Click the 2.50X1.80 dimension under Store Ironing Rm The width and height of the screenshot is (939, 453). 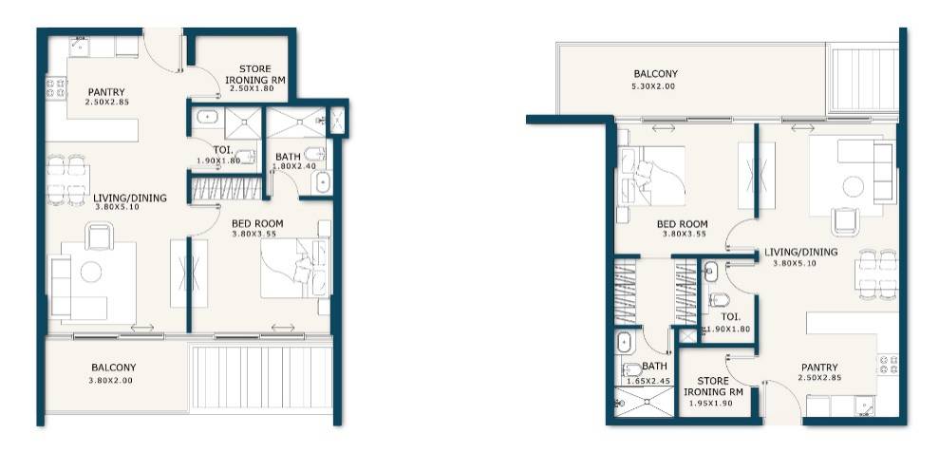click(252, 88)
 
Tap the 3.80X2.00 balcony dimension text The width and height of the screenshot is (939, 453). click(113, 381)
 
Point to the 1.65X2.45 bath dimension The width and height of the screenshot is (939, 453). click(648, 381)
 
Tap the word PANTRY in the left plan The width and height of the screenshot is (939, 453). click(106, 92)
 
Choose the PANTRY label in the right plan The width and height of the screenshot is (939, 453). click(818, 368)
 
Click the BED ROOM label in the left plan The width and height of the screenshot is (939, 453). click(257, 223)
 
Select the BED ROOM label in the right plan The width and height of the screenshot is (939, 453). click(683, 225)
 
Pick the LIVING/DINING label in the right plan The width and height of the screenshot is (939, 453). click(800, 253)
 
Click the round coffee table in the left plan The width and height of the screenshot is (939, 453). click(91, 272)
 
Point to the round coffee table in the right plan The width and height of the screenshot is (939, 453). click(854, 186)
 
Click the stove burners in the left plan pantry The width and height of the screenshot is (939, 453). click(56, 88)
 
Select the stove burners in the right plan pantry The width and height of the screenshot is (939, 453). click(888, 365)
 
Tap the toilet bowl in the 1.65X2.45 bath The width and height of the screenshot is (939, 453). click(631, 369)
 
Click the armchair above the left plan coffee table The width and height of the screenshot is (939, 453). click(99, 235)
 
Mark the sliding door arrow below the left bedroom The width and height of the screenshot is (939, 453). click(283, 328)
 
